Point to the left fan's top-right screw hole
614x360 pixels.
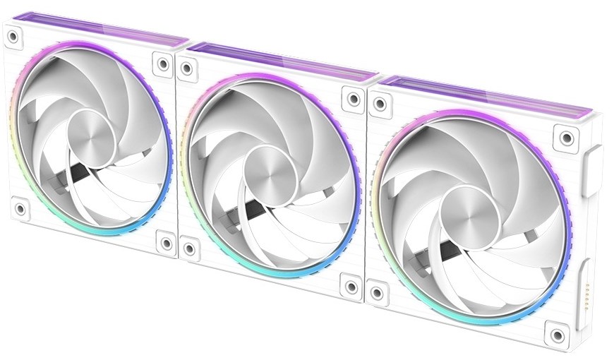163,65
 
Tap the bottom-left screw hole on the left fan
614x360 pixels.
20,209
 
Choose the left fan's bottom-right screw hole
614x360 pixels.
166,243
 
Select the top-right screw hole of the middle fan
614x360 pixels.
351,98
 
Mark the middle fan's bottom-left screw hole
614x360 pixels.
189,249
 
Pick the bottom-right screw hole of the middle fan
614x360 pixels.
351,287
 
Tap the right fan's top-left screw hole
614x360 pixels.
379,104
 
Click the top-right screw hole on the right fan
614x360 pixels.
565,136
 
